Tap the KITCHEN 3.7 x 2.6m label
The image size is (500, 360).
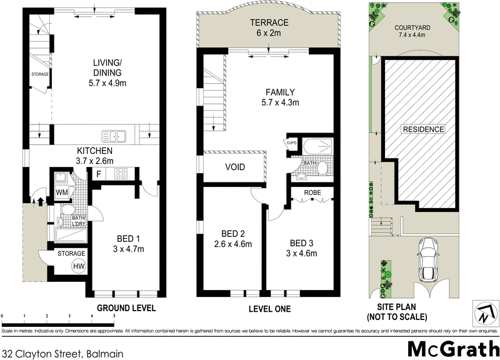click(94, 156)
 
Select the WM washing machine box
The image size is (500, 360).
click(62, 192)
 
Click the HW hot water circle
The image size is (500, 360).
click(79, 267)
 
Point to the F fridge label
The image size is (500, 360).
click(99, 173)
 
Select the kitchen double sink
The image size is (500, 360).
click(114, 134)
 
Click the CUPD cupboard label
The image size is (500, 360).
click(291, 142)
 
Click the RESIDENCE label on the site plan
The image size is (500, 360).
click(422, 129)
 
